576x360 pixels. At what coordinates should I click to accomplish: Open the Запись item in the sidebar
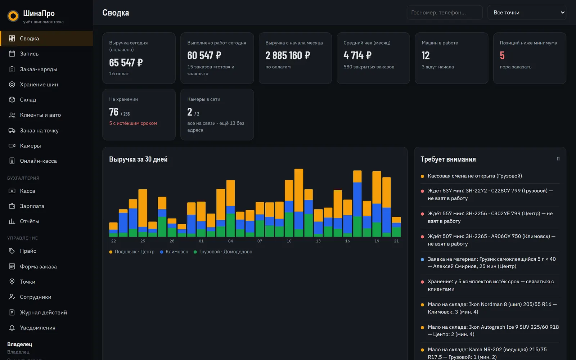click(29, 54)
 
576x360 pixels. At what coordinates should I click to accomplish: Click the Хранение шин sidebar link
click(39, 84)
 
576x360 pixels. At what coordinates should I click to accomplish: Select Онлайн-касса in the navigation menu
click(38, 161)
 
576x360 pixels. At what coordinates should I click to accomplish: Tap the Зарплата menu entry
click(32, 206)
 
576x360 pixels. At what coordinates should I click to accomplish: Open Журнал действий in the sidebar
click(43, 312)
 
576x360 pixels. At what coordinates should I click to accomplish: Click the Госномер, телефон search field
click(445, 12)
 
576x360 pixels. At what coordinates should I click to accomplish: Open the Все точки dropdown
click(527, 12)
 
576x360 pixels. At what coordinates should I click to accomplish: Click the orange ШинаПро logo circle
click(13, 16)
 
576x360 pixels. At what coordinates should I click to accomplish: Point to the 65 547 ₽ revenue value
click(126, 63)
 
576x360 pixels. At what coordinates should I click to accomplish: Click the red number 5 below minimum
click(502, 55)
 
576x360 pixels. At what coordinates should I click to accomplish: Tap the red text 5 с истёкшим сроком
click(133, 123)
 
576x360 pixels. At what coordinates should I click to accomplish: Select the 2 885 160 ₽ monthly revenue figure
click(288, 55)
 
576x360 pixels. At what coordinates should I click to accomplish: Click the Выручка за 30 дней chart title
click(138, 159)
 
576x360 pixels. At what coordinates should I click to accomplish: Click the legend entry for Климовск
click(174, 252)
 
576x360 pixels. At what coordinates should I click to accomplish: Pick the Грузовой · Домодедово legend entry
click(223, 252)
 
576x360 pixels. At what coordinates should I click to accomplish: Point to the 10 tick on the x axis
click(289, 241)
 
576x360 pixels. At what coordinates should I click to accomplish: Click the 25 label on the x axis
click(143, 241)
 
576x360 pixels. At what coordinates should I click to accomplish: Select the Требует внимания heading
click(448, 159)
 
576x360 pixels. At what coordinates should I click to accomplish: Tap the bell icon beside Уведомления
click(12, 328)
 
